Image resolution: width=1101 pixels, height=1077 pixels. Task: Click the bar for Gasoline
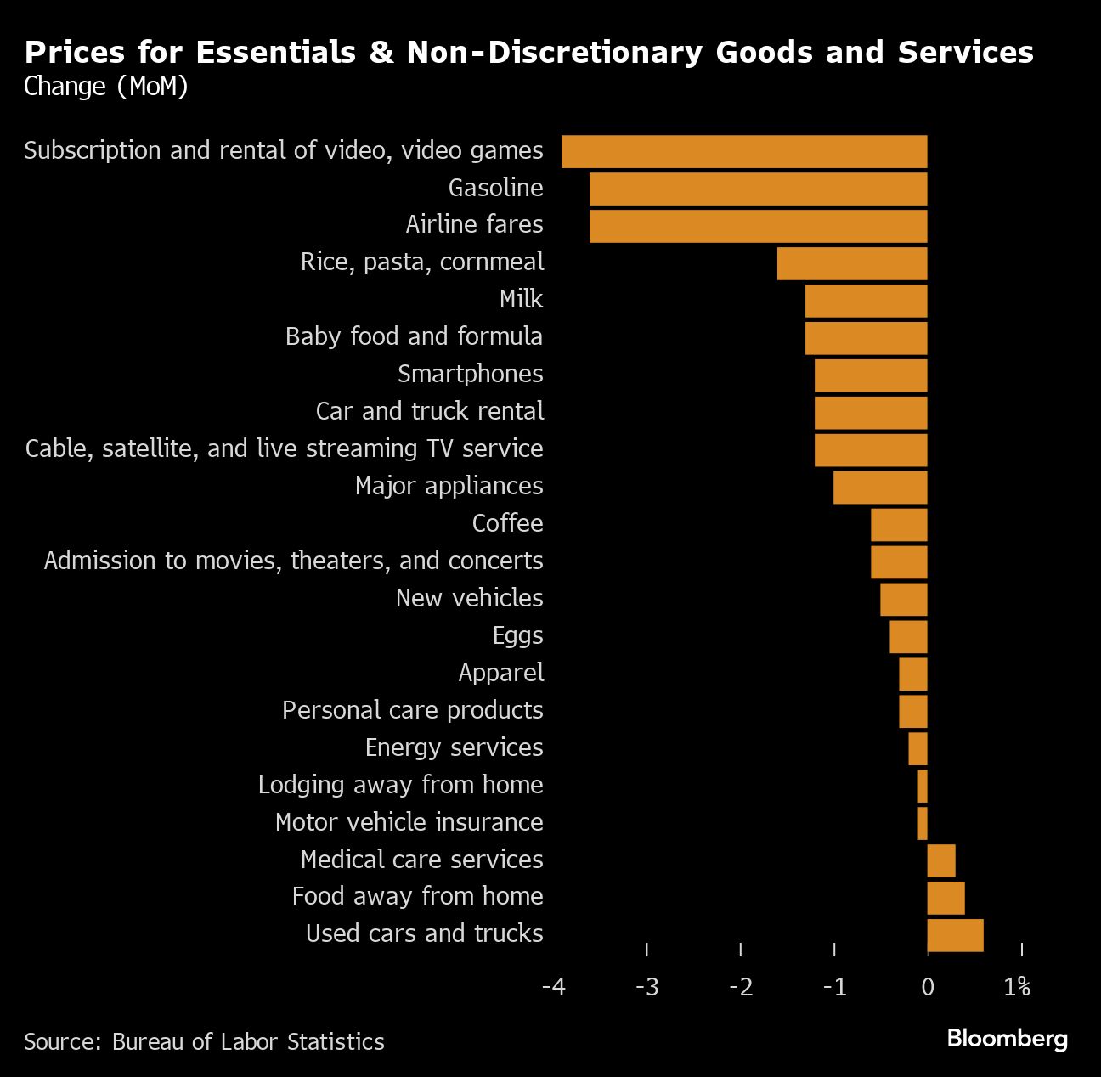pos(758,189)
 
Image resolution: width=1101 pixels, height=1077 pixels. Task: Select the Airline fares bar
pos(758,226)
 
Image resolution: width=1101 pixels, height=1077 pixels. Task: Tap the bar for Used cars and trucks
pos(955,935)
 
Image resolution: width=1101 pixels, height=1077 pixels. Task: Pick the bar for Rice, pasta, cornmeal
pos(852,263)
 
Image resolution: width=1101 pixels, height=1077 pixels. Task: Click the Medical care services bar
pos(941,860)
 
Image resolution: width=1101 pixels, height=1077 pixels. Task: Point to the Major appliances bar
pos(880,488)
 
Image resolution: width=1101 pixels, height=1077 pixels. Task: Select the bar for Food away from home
pos(946,898)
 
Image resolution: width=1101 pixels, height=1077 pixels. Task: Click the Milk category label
pos(521,299)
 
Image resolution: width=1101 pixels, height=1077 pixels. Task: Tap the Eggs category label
pos(517,635)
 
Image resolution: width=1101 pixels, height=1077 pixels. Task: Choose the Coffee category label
pos(507,523)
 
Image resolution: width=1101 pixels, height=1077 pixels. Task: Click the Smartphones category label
pos(470,374)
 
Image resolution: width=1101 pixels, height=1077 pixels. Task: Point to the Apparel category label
pos(501,673)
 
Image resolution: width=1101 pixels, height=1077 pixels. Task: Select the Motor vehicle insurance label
pos(409,822)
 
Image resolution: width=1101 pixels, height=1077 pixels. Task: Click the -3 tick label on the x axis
pos(646,987)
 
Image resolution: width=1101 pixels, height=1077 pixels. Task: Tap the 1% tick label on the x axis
pos(1017,987)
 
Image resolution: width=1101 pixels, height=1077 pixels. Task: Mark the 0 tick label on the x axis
pos(927,987)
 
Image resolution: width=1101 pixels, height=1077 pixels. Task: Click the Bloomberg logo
pos(1007,1038)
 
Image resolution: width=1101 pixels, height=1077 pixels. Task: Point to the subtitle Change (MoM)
pos(106,87)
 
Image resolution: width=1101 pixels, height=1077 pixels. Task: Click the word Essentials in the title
pos(275,53)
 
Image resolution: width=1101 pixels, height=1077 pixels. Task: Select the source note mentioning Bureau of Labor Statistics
pos(204,1042)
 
